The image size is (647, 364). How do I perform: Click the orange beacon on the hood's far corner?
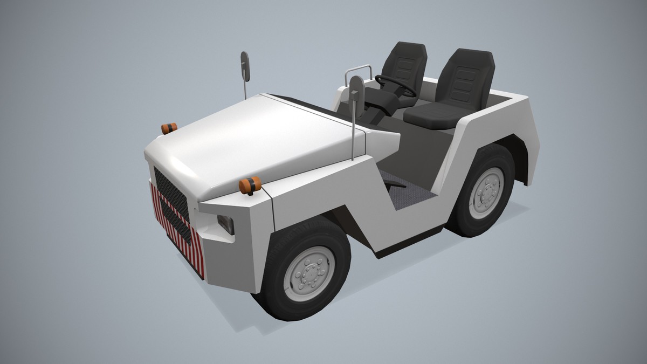pyautogui.click(x=169, y=128)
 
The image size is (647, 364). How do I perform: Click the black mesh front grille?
pyautogui.click(x=171, y=202)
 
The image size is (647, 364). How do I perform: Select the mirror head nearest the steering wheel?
pyautogui.click(x=356, y=88)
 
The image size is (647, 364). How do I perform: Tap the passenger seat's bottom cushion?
pyautogui.click(x=431, y=115)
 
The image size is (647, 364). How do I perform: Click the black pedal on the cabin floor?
pyautogui.click(x=394, y=185)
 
